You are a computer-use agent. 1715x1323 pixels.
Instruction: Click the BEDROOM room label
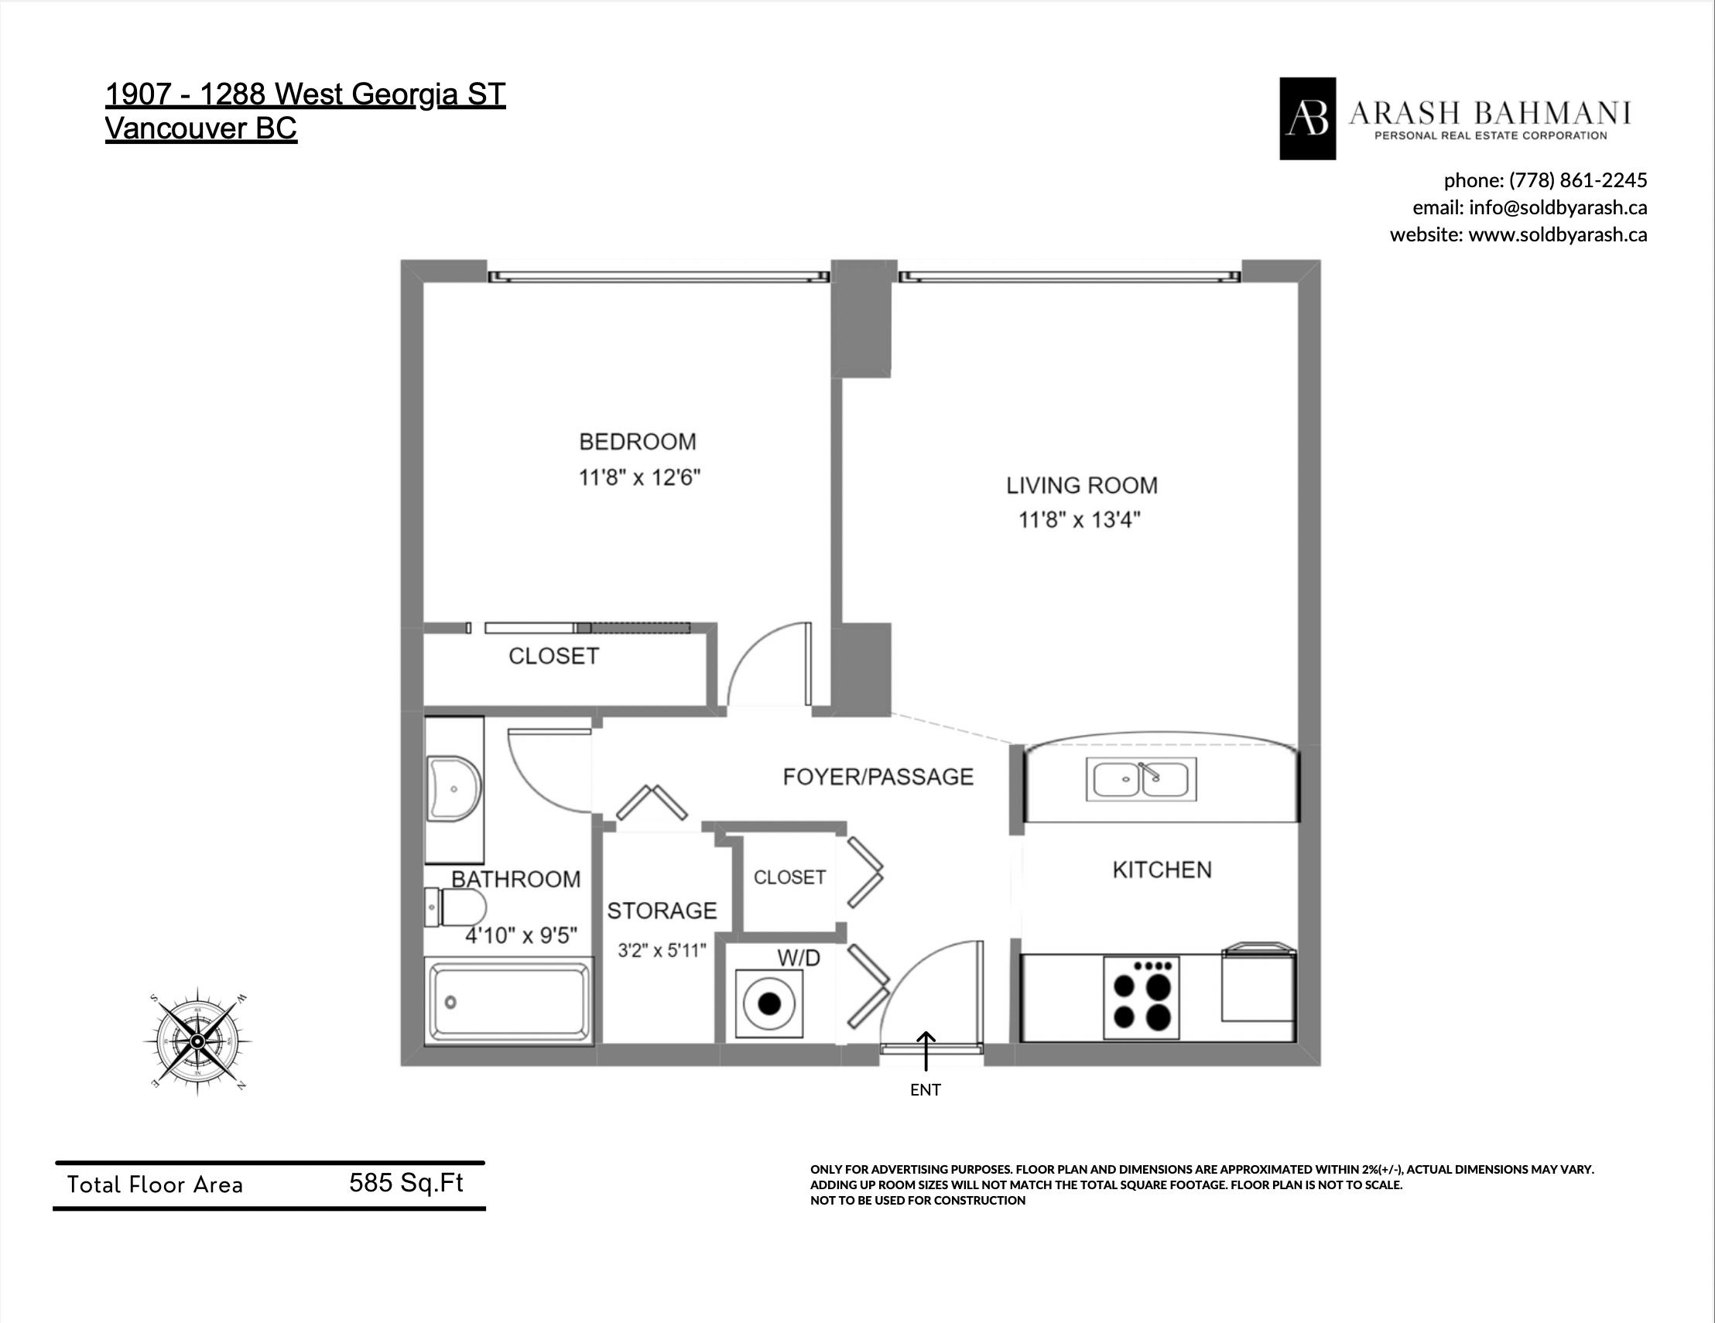coord(638,442)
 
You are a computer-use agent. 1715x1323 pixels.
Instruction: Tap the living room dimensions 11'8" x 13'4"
coord(1080,520)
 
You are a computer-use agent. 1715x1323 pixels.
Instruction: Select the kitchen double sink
coord(1141,779)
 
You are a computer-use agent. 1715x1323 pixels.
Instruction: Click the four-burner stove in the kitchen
coord(1141,997)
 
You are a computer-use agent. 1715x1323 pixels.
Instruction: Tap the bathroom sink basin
coord(453,788)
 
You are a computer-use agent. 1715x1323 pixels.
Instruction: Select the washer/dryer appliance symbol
coord(769,1004)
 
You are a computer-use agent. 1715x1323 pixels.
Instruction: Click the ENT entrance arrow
coord(926,1051)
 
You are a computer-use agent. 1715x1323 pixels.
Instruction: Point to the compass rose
coord(198,1041)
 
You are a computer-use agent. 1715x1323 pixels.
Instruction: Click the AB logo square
coord(1307,118)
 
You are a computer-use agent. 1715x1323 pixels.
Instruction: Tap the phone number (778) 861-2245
coord(1577,180)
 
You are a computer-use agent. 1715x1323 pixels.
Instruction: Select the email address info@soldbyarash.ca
coord(1558,208)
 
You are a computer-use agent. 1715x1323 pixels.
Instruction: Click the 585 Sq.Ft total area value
coord(406,1182)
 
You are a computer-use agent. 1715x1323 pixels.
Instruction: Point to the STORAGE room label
coord(662,911)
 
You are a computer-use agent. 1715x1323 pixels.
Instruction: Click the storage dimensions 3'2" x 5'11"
coord(662,951)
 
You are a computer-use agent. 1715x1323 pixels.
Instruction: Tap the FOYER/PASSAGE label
coord(878,777)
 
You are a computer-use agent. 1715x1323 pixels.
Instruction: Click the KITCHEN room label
coord(1162,870)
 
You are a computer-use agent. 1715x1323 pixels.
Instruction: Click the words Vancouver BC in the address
coord(201,128)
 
